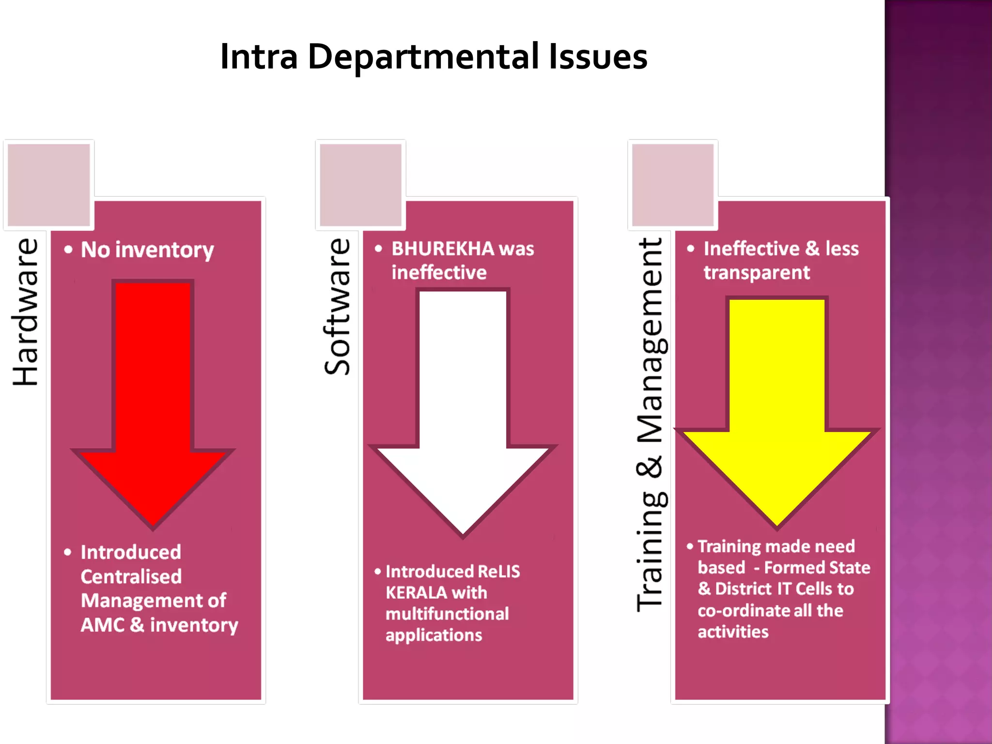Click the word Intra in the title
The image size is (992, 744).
(259, 57)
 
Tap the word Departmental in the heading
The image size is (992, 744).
(423, 57)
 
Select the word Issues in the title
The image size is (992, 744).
(598, 57)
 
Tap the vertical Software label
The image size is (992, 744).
(337, 307)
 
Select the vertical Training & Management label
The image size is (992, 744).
(650, 424)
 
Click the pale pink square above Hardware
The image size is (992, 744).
(49, 185)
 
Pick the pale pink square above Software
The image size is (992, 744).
(361, 185)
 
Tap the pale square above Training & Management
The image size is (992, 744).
(673, 185)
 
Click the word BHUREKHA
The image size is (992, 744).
(442, 248)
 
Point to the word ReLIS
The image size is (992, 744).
(498, 572)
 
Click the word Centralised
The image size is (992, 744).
(131, 576)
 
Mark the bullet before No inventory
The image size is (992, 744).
(68, 250)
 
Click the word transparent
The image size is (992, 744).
(756, 273)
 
